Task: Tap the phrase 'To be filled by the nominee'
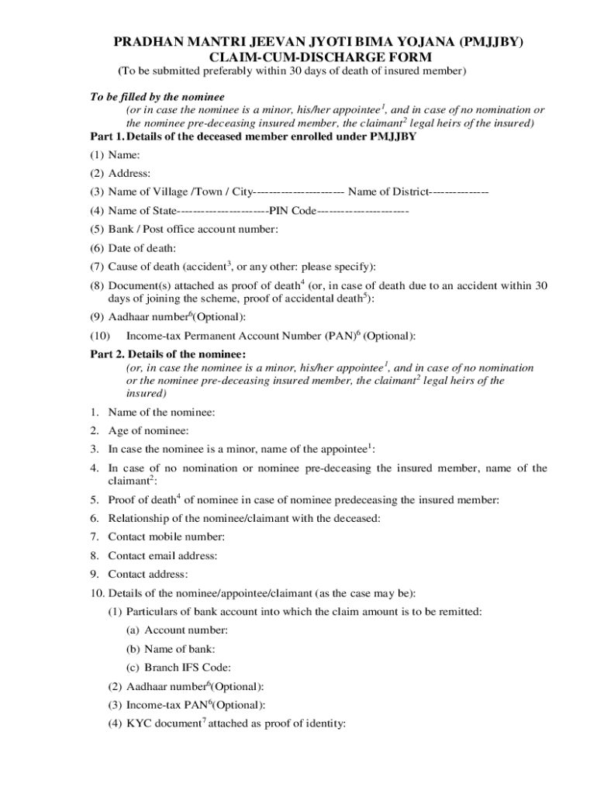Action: [157, 97]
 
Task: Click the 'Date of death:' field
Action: [142, 248]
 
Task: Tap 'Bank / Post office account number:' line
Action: [193, 229]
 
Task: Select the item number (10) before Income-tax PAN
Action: [100, 336]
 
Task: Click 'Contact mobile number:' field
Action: [166, 537]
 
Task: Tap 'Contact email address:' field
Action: [162, 555]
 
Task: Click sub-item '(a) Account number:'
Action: [177, 630]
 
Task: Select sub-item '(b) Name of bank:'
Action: [171, 649]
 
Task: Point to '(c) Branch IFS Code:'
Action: [178, 668]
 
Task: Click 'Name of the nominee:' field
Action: [161, 412]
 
